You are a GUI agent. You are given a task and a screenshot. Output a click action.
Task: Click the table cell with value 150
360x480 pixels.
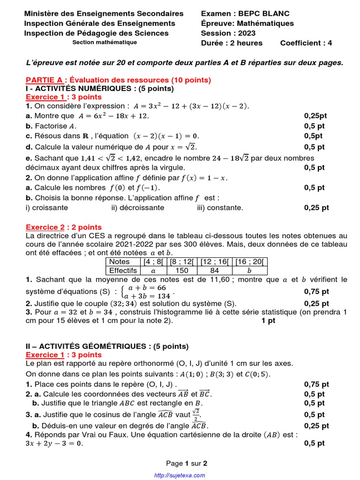pyautogui.click(x=181, y=270)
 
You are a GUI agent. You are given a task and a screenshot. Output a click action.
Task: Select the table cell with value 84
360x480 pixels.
pyautogui.click(x=215, y=270)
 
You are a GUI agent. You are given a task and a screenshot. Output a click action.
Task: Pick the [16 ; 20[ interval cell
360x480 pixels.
pyautogui.click(x=249, y=262)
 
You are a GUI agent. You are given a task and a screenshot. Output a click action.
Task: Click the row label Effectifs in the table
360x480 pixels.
pyautogui.click(x=123, y=270)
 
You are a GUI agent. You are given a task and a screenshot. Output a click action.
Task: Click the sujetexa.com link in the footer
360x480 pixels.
pyautogui.click(x=180, y=475)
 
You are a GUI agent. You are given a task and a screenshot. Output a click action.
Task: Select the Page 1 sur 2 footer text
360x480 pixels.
pyautogui.click(x=187, y=463)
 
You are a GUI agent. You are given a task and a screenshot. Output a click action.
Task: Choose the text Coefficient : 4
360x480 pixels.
pyautogui.click(x=306, y=43)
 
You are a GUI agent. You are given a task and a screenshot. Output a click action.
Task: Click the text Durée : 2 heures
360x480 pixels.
pyautogui.click(x=232, y=43)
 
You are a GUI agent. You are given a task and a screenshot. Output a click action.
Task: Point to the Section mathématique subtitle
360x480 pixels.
pyautogui.click(x=105, y=42)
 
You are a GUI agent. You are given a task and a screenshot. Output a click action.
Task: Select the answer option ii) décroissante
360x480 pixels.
pyautogui.click(x=138, y=207)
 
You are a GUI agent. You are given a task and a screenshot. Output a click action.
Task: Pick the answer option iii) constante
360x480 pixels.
pyautogui.click(x=220, y=207)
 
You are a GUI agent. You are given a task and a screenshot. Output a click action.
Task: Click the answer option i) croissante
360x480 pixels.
pyautogui.click(x=47, y=207)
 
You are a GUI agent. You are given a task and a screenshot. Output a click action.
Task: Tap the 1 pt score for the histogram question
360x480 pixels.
pyautogui.click(x=269, y=321)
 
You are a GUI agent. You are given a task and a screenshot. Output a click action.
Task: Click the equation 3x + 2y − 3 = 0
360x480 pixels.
pyautogui.click(x=54, y=443)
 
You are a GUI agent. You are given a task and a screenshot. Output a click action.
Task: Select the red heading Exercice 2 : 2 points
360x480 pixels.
pyautogui.click(x=63, y=227)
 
